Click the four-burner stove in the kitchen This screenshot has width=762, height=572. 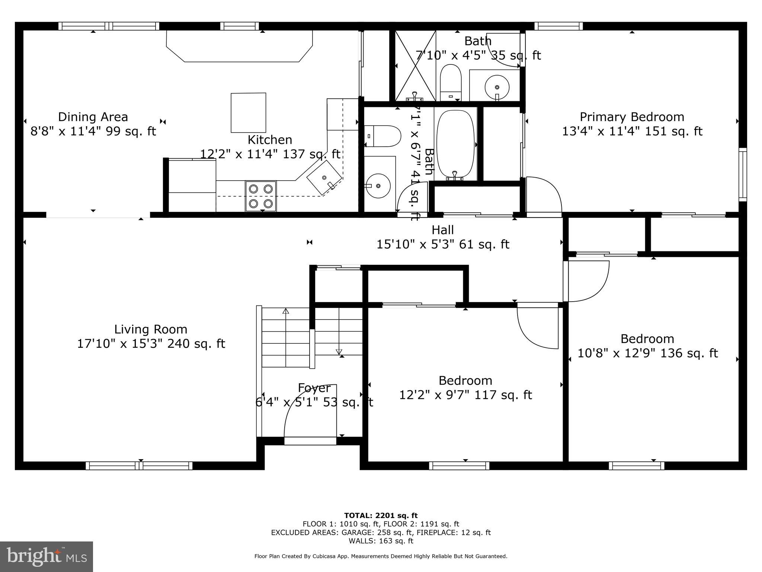tap(260, 196)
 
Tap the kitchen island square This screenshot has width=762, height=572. tap(249, 113)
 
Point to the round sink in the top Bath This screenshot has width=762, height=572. tap(497, 87)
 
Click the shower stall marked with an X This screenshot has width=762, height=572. tap(415, 66)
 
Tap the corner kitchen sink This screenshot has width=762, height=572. tap(324, 178)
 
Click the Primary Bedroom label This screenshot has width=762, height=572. tap(632, 117)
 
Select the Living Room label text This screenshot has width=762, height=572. tap(150, 329)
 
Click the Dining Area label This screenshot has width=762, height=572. tap(93, 117)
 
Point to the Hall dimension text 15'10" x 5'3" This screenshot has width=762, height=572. tap(443, 245)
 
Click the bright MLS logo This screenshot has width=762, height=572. tap(47, 557)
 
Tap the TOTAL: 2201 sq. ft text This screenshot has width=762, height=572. tap(381, 516)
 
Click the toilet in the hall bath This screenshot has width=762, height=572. tap(383, 136)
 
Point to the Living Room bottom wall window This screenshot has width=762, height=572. tap(139, 465)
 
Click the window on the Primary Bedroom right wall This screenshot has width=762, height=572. tap(742, 174)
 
